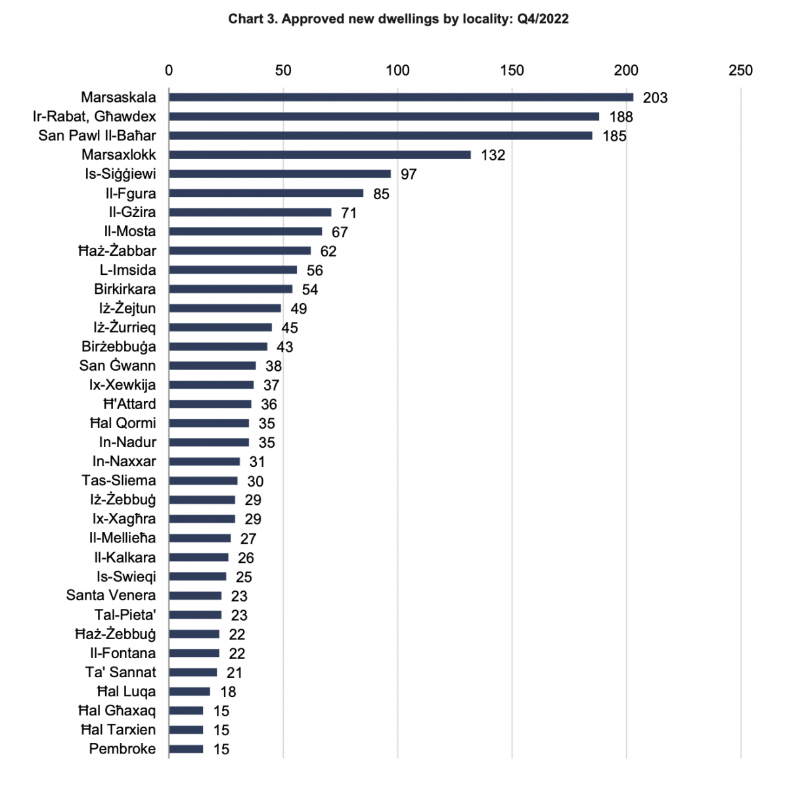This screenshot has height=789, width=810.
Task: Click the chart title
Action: (398, 19)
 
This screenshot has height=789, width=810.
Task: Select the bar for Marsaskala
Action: (401, 97)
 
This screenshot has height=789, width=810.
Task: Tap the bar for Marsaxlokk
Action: (319, 155)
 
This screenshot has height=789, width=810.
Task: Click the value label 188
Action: (621, 117)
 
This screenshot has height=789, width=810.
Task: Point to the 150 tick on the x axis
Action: (512, 71)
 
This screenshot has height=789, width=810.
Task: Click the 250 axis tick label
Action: (740, 71)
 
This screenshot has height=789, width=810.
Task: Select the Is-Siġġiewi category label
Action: (120, 174)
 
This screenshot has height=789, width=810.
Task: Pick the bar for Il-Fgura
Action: (266, 193)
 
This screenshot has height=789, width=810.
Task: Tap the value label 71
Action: (349, 213)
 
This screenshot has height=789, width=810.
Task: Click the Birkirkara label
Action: (125, 289)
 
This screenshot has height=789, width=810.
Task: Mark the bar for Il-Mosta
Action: (246, 231)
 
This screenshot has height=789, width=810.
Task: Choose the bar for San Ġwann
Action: (212, 366)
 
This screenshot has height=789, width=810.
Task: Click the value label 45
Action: (290, 328)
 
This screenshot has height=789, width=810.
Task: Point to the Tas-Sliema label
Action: (119, 481)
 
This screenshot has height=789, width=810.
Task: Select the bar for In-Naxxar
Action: (204, 462)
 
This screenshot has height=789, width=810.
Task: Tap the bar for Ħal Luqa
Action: (189, 692)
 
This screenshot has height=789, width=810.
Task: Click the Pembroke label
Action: (123, 749)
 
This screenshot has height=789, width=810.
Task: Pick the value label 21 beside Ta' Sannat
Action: (235, 673)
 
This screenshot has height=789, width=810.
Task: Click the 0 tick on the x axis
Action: (169, 71)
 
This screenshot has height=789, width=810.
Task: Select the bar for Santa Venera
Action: (195, 596)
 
